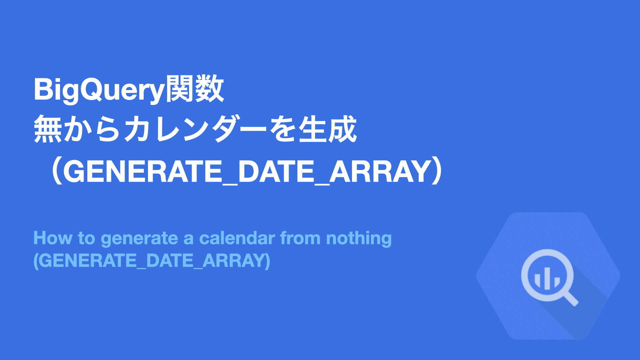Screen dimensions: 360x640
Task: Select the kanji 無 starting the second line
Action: pyautogui.click(x=48, y=129)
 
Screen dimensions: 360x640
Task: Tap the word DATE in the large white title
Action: pyautogui.click(x=276, y=171)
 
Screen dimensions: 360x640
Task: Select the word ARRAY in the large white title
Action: pyautogui.click(x=379, y=171)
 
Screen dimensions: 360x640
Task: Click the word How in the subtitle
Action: pyautogui.click(x=53, y=238)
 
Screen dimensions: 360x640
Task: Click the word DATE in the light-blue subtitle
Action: pyautogui.click(x=170, y=261)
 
